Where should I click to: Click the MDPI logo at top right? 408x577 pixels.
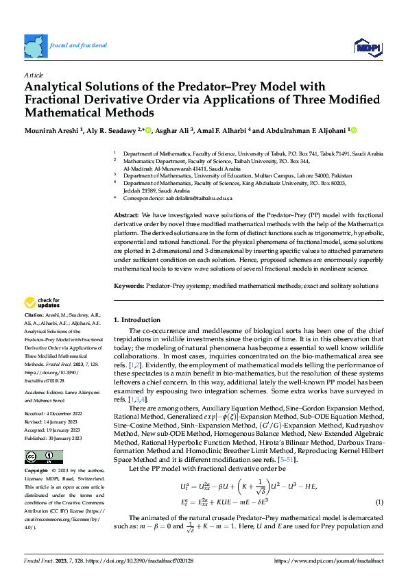tap(368, 46)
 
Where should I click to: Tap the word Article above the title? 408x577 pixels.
tap(33, 75)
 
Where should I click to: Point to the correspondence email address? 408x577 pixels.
tap(193, 198)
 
